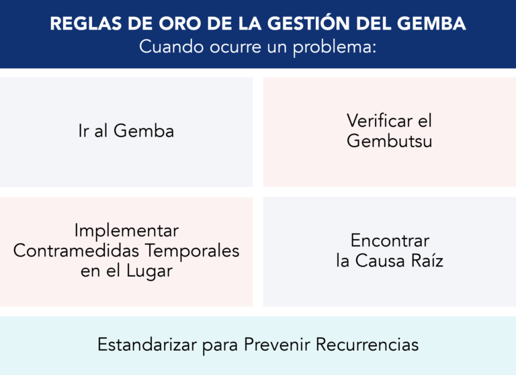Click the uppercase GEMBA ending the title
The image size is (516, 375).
(x=434, y=24)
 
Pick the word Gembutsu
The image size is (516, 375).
(x=389, y=141)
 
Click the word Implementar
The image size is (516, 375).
(x=126, y=230)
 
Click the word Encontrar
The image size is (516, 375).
(x=390, y=240)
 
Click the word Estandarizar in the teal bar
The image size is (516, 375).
(x=147, y=345)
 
